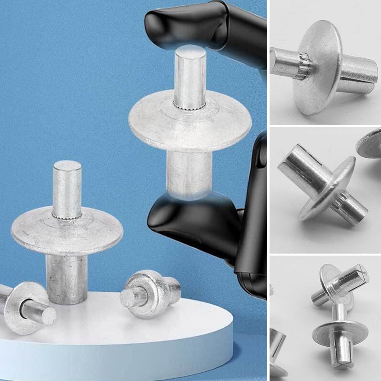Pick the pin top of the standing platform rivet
[x=67, y=188]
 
